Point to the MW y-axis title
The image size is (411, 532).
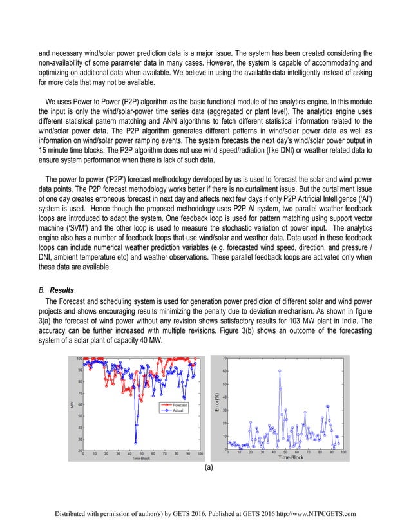coord(72,404)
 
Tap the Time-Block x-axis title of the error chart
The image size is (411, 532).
coord(291,458)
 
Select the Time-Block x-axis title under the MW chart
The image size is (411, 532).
coord(141,459)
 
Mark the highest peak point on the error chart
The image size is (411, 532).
coord(280,370)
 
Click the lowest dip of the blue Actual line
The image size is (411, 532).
coord(135,442)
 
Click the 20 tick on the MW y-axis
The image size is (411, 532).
coord(79,450)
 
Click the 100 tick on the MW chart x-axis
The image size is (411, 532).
coord(200,453)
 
